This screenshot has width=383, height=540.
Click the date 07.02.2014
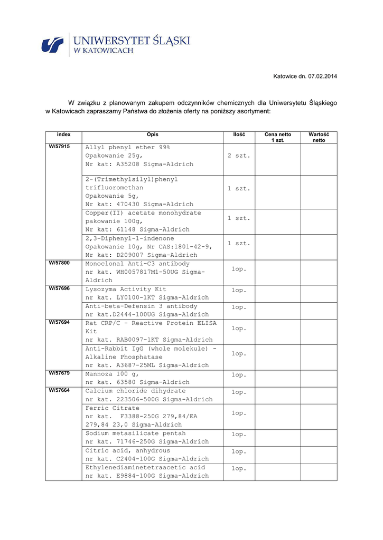tap(322, 76)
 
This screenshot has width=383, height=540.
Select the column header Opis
tap(152, 135)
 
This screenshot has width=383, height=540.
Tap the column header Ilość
tap(239, 135)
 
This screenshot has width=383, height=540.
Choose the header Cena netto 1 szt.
tap(277, 138)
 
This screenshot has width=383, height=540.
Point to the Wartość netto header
tap(319, 138)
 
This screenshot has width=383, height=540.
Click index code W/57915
tap(59, 147)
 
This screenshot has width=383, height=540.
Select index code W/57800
tap(59, 263)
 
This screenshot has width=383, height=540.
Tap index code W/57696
tap(59, 288)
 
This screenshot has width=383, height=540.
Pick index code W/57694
tap(59, 322)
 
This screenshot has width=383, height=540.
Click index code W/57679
tap(59, 373)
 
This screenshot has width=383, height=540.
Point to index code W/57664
tap(59, 390)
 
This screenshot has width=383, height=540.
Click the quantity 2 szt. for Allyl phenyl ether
tap(239, 156)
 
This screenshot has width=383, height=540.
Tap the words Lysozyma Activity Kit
tap(126, 290)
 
